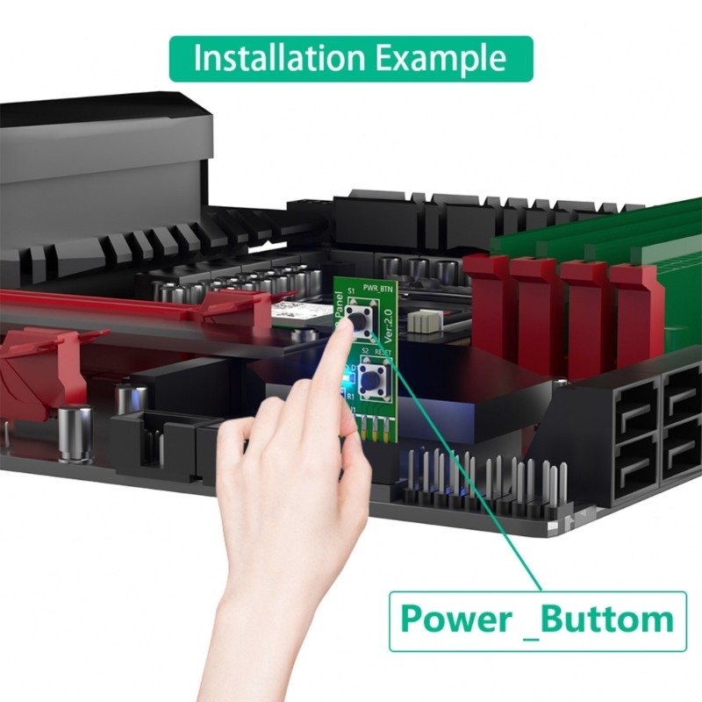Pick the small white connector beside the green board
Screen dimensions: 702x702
(425, 321)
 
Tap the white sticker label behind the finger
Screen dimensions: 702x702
(290, 310)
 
